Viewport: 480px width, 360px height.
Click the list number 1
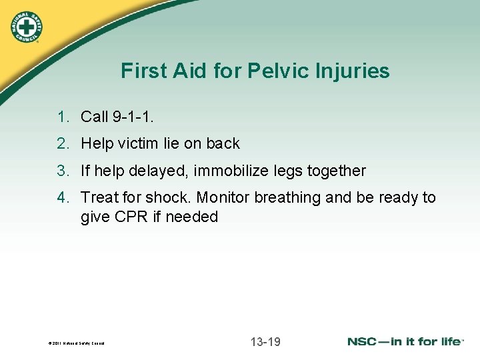tap(63, 117)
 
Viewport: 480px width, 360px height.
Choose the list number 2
tap(63, 143)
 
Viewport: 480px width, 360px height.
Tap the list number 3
tap(63, 171)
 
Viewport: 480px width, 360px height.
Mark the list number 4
tap(63, 197)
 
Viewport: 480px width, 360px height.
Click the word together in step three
tap(335, 171)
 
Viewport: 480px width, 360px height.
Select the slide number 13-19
tap(265, 342)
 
